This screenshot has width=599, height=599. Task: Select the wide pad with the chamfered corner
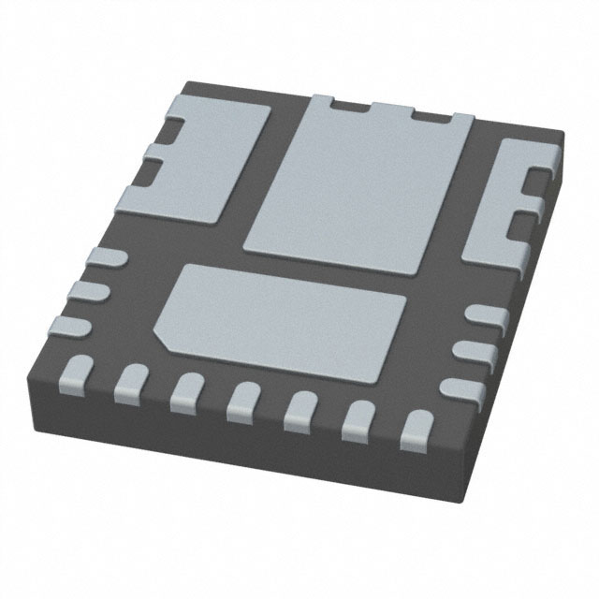pyautogui.click(x=281, y=309)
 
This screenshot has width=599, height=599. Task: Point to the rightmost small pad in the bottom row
pyautogui.click(x=412, y=430)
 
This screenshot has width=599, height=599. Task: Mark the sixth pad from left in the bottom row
pyautogui.click(x=355, y=420)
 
